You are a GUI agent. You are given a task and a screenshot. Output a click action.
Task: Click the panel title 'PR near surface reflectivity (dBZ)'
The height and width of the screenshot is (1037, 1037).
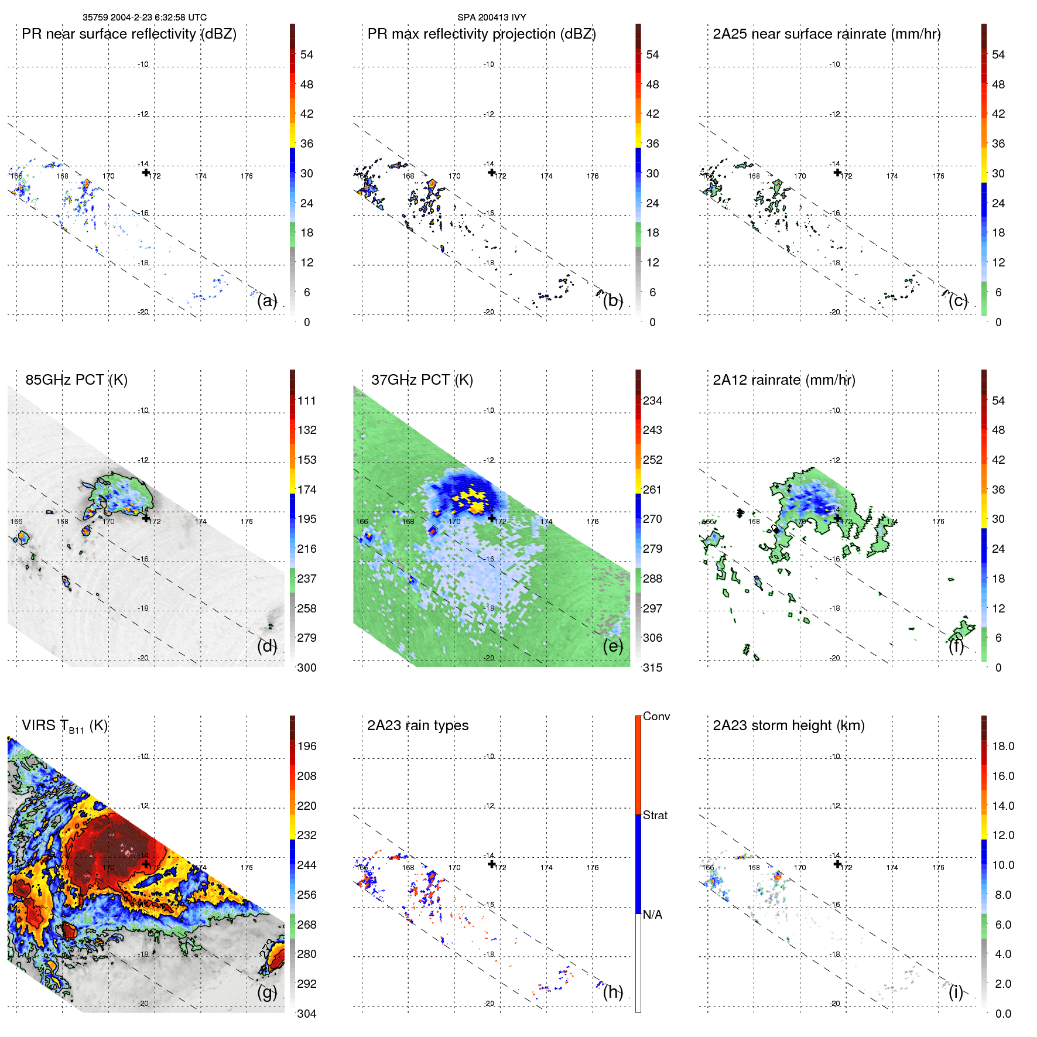tap(129, 34)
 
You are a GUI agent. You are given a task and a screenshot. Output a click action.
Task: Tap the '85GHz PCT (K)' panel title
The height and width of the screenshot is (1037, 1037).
tap(76, 380)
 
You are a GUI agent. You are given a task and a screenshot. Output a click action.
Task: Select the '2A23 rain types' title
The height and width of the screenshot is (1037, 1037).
tap(417, 725)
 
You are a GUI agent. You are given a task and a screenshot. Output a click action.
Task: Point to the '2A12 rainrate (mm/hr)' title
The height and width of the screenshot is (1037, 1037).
tap(783, 380)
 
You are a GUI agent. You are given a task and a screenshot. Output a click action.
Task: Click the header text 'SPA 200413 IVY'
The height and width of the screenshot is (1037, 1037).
tap(491, 18)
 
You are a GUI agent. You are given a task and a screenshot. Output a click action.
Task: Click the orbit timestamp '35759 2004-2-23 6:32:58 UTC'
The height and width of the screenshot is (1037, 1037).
tap(144, 18)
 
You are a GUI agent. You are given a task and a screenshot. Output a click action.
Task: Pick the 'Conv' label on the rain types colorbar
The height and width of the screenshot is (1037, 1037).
tap(656, 716)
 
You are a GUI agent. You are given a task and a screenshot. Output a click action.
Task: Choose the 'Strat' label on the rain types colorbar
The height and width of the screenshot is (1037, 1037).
tap(655, 815)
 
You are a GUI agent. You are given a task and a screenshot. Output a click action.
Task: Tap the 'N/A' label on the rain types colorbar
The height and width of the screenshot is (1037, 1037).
tap(652, 915)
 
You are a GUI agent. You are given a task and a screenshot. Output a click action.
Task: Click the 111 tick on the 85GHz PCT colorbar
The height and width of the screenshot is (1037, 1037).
tap(306, 401)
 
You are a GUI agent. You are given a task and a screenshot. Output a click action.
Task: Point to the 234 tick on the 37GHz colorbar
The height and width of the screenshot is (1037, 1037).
tap(652, 401)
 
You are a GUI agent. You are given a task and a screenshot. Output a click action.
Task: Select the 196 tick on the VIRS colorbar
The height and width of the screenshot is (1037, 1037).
tap(306, 746)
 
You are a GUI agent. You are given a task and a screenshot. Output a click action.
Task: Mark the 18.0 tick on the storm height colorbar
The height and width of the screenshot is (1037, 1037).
tap(1002, 746)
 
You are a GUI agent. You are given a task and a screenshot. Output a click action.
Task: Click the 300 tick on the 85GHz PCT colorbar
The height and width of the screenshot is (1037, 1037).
tap(306, 668)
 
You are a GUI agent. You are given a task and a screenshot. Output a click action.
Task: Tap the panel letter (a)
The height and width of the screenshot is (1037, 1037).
tap(267, 300)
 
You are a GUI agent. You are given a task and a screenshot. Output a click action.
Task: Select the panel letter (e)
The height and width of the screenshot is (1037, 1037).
tap(612, 646)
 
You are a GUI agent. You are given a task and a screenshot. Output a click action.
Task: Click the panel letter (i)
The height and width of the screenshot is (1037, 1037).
tap(955, 992)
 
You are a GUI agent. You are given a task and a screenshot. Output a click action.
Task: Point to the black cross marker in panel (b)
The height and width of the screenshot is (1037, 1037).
tap(492, 172)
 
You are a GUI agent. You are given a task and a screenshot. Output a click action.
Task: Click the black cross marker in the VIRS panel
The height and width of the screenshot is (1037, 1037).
tap(146, 864)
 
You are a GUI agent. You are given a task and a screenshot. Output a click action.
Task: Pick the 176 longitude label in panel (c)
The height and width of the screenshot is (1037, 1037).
tap(938, 176)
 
